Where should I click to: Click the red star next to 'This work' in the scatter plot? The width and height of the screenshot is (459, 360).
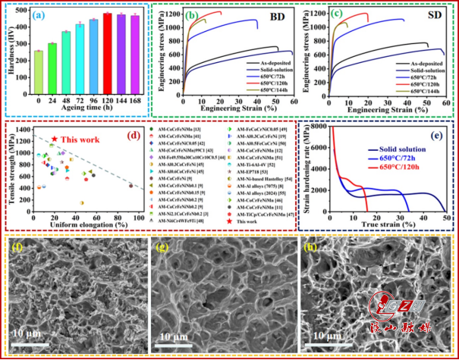point(55,139)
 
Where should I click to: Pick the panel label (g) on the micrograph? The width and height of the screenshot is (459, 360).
point(163,248)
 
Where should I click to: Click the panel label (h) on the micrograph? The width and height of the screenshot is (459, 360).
point(310,248)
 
